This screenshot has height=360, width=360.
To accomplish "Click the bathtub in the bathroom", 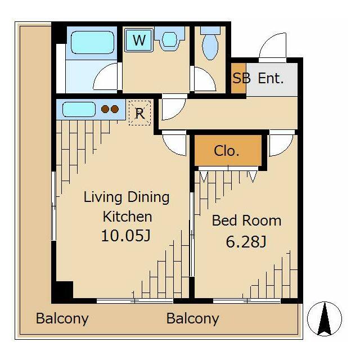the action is pyautogui.click(x=92, y=43).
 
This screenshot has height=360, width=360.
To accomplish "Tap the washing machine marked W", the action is pyautogui.click(x=139, y=40).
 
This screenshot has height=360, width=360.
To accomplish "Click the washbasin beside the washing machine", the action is pyautogui.click(x=170, y=39).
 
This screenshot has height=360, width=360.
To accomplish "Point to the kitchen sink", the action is pyautogui.click(x=79, y=109).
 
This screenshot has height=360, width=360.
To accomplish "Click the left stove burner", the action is pyautogui.click(x=105, y=109).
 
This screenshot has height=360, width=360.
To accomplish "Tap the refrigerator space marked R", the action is pyautogui.click(x=139, y=113).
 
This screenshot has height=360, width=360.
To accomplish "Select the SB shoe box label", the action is pyautogui.click(x=241, y=78).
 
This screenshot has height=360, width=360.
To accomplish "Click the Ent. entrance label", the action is pyautogui.click(x=271, y=78).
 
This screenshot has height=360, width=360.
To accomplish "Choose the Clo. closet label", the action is pyautogui.click(x=226, y=151).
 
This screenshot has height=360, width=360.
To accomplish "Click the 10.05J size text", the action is pyautogui.click(x=126, y=236).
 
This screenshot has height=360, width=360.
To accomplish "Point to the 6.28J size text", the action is pyautogui.click(x=246, y=241).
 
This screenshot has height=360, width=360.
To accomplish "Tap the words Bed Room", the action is pyautogui.click(x=246, y=220).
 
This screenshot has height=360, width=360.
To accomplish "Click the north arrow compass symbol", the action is pyautogui.click(x=325, y=319).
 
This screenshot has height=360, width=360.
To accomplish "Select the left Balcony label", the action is pyautogui.click(x=62, y=319).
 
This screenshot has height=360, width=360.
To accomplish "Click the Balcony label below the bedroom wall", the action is pyautogui.click(x=192, y=319).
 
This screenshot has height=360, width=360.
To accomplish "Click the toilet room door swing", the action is pyautogui.click(x=203, y=79).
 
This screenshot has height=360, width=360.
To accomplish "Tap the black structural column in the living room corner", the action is pyautogui.click(x=62, y=291).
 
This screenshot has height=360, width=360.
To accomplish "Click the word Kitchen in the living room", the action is pyautogui.click(x=128, y=217).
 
